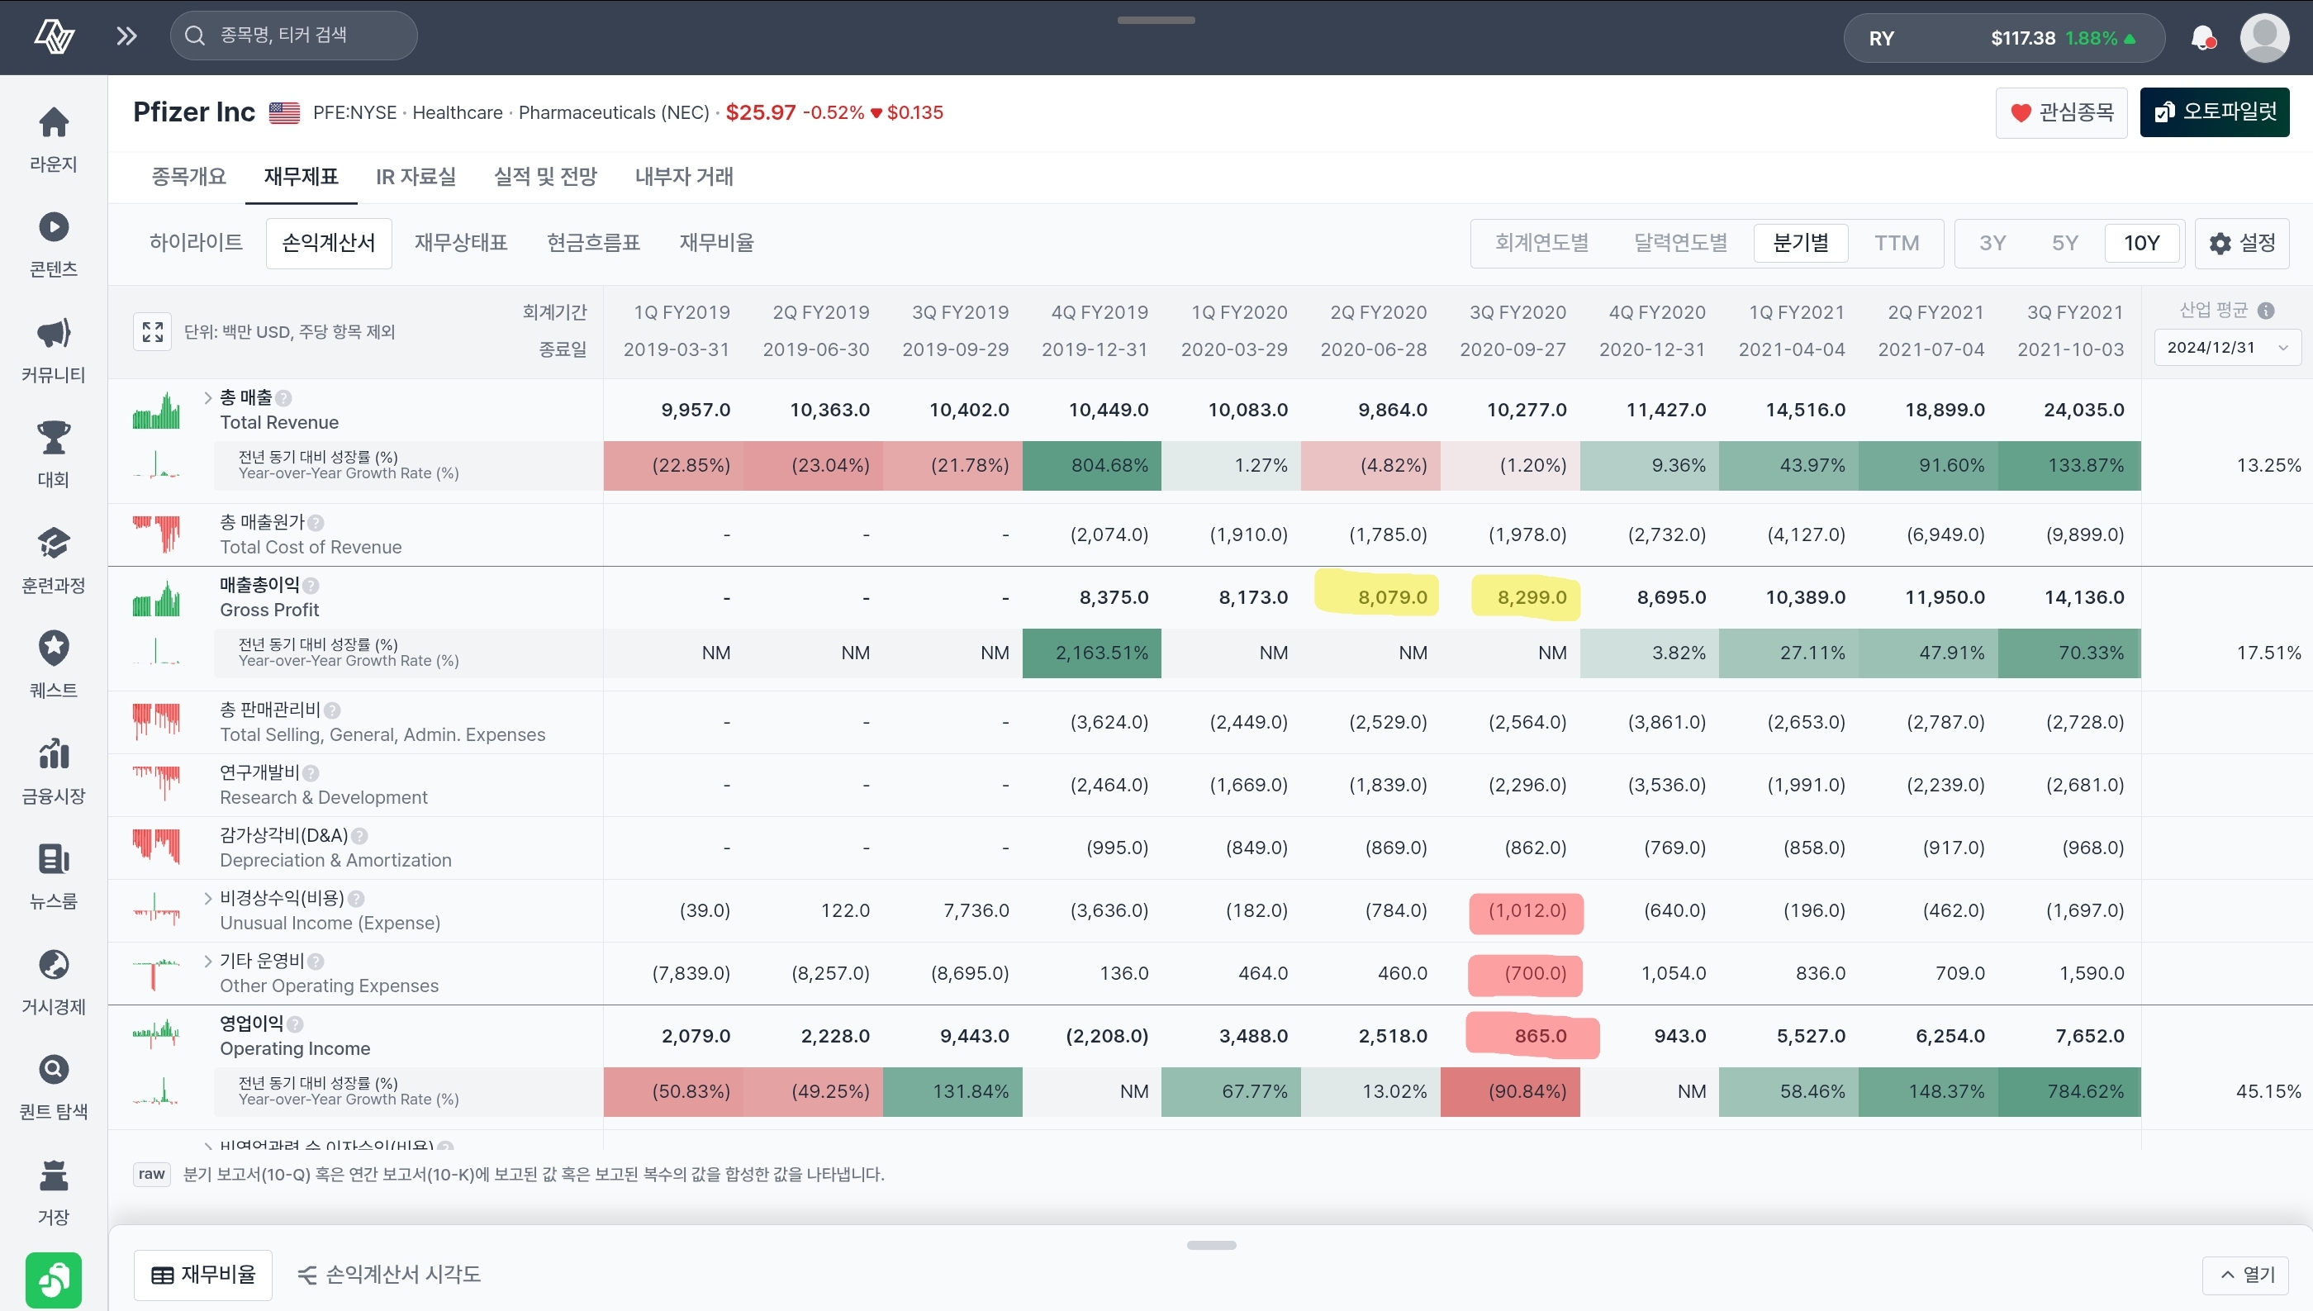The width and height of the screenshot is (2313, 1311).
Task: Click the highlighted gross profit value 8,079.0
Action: [x=1392, y=597]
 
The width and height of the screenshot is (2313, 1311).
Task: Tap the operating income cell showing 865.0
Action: [x=1540, y=1035]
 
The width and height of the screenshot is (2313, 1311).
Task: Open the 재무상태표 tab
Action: [x=461, y=243]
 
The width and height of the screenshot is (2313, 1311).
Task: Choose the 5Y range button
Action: [x=2064, y=243]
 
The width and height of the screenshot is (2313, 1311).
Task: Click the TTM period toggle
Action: [x=1896, y=243]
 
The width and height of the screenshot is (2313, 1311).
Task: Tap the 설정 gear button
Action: [x=2241, y=243]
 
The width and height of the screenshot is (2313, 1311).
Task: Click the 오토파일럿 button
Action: [x=2214, y=112]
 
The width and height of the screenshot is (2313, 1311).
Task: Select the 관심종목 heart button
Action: [x=2061, y=112]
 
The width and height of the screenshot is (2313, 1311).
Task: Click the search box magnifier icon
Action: [x=194, y=36]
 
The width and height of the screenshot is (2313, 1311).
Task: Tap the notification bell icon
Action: [x=2201, y=38]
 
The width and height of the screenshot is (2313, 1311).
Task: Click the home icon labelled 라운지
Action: [x=54, y=122]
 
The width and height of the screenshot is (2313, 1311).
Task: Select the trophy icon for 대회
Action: [x=54, y=438]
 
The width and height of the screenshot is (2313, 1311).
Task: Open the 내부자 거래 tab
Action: [x=684, y=177]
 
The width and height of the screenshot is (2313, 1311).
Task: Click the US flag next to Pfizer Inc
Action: [x=284, y=112]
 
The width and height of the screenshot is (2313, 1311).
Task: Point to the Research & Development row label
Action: [x=324, y=798]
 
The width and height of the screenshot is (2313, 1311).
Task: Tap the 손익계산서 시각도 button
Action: [x=389, y=1274]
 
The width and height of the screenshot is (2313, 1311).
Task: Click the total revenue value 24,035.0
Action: [x=2083, y=410]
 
